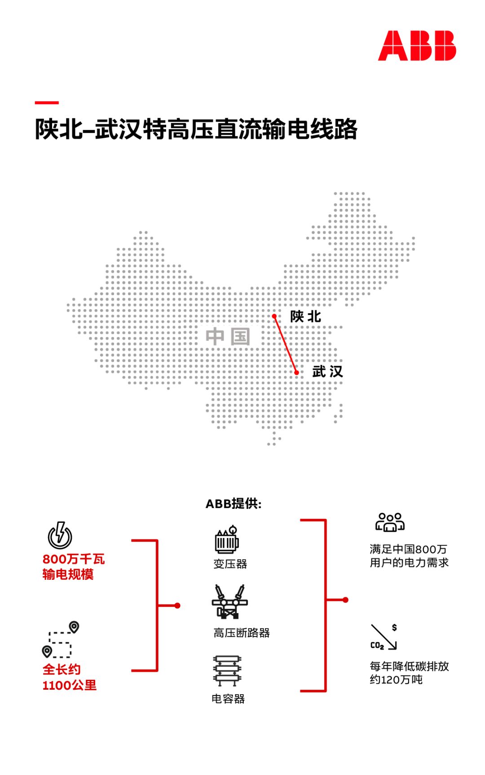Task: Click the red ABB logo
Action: click(417, 46)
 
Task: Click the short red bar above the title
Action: click(47, 103)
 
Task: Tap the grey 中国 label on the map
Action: click(228, 337)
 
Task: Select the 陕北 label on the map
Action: click(305, 316)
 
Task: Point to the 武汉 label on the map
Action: click(327, 372)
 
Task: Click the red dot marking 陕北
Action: click(274, 316)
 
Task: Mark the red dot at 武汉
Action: click(296, 372)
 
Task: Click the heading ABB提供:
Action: click(234, 504)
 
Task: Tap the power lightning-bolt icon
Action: click(60, 535)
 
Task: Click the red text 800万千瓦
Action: click(74, 559)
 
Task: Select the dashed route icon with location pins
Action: click(61, 639)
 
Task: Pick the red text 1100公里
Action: click(70, 685)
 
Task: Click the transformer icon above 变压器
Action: click(227, 540)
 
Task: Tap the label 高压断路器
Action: click(242, 633)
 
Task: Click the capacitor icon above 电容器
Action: click(227, 671)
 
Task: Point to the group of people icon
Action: click(390, 522)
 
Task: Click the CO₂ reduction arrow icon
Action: click(384, 637)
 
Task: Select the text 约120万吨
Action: click(396, 680)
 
